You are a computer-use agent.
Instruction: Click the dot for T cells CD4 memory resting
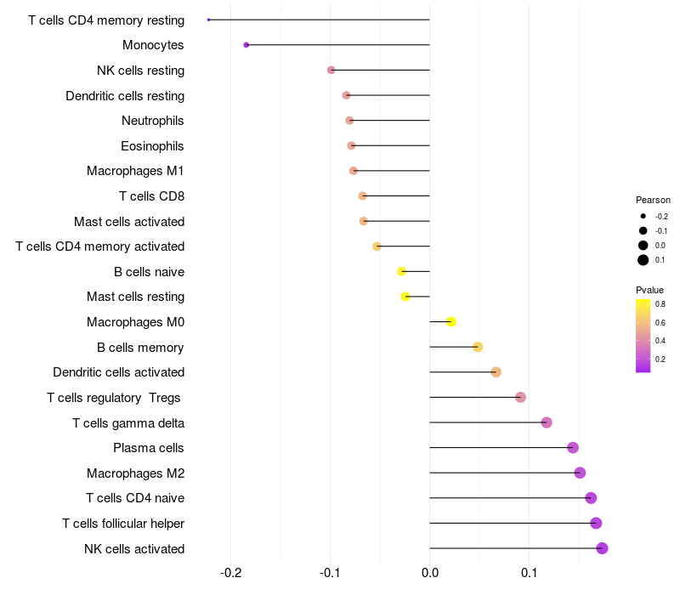tap(208, 20)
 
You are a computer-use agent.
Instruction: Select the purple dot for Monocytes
tap(246, 45)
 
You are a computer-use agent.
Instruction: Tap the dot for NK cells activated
tap(602, 548)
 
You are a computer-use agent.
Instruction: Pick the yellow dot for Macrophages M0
tap(451, 321)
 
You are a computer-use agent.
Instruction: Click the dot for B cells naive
tap(401, 271)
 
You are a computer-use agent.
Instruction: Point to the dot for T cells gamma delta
tap(547, 422)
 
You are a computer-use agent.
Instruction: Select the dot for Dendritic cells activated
tap(496, 372)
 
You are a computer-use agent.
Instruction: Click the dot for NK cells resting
tap(331, 70)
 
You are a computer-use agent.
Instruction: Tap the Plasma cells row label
tap(148, 448)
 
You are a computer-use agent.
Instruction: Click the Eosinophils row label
tap(152, 146)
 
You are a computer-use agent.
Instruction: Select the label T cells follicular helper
tap(123, 524)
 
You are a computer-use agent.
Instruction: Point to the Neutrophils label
tap(153, 121)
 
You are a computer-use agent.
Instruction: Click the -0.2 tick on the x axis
tap(230, 573)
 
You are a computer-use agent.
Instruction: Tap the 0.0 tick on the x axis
tap(430, 573)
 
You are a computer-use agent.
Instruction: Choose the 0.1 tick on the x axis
tap(529, 573)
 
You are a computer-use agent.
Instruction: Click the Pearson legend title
tap(653, 200)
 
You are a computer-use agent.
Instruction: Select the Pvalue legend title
tap(649, 290)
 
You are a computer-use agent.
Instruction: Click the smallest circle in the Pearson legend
tap(643, 216)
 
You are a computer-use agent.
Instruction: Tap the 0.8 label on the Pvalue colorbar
tap(660, 304)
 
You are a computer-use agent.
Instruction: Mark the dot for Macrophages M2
tap(580, 473)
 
